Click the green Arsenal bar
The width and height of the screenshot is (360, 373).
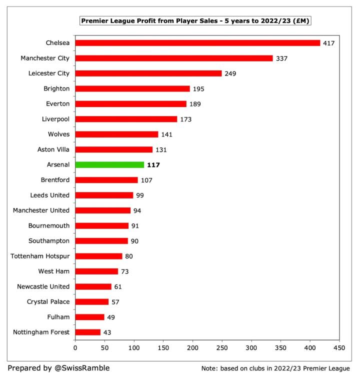(x=109, y=164)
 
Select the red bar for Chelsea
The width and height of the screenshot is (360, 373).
(x=197, y=43)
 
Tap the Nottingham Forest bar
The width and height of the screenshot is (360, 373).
(x=88, y=332)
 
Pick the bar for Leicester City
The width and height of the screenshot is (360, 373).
(x=148, y=73)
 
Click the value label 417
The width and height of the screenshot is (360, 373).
(x=328, y=43)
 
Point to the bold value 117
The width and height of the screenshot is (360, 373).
(x=153, y=164)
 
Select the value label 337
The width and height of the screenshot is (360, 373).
(x=281, y=58)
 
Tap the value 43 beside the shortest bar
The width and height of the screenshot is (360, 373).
(x=107, y=332)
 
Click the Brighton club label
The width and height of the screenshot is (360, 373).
(x=56, y=88)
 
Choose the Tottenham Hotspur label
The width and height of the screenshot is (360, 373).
(x=40, y=256)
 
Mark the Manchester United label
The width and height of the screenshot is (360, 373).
(x=41, y=210)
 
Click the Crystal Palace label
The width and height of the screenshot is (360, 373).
(x=48, y=301)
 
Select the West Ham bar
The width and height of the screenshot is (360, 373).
(x=96, y=271)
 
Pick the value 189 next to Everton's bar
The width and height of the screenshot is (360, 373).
(x=195, y=104)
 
